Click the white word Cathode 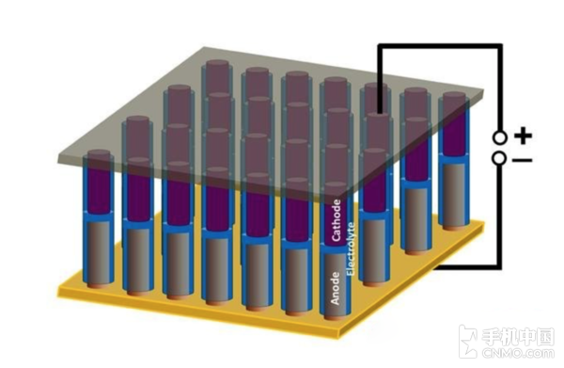tap(336, 220)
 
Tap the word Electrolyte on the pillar tap(351, 249)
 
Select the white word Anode tap(335, 288)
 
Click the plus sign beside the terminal tap(523, 136)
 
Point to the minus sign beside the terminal tap(523, 159)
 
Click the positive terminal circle tap(500, 137)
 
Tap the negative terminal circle tap(500, 158)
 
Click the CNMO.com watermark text tap(518, 352)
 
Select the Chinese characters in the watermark tap(518, 337)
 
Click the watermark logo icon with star tap(468, 342)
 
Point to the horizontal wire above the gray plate tap(439, 46)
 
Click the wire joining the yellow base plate tap(467, 267)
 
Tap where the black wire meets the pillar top tap(380, 113)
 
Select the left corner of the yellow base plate tap(58, 293)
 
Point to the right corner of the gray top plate tap(483, 91)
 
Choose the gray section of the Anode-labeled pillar tap(336, 284)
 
